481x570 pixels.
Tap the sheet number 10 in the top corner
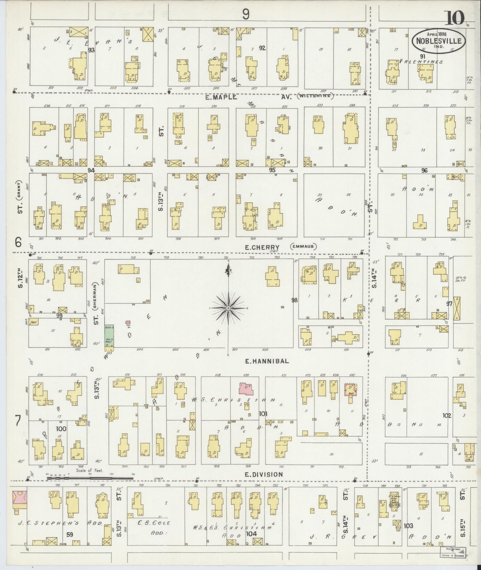(453, 18)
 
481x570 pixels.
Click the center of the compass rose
(229, 308)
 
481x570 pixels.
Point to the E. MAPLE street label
(222, 97)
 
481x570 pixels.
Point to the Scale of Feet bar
(90, 479)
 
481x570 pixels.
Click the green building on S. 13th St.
(110, 337)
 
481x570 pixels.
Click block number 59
(70, 535)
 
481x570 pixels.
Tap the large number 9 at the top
(246, 14)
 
